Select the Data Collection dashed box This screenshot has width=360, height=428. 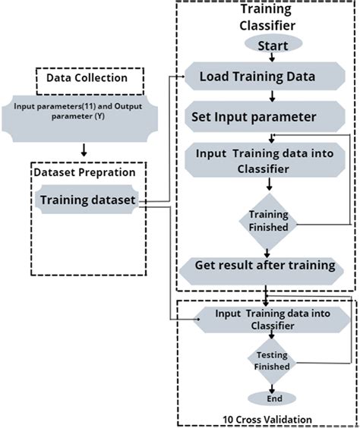[80, 77]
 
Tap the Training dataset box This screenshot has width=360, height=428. [88, 201]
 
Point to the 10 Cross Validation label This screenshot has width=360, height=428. [267, 418]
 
